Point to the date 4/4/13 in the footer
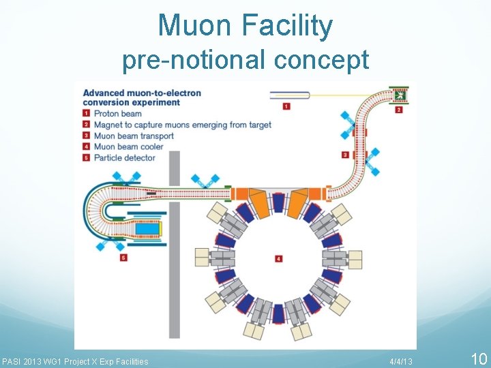pos(401,361)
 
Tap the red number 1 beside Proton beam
pos(86,114)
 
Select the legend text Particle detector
pos(125,157)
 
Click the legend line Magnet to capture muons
pos(182,125)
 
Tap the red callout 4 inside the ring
pos(278,259)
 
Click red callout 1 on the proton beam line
pos(286,106)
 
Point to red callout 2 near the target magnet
pos(399,109)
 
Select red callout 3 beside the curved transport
pos(346,155)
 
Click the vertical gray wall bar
pos(174,245)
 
